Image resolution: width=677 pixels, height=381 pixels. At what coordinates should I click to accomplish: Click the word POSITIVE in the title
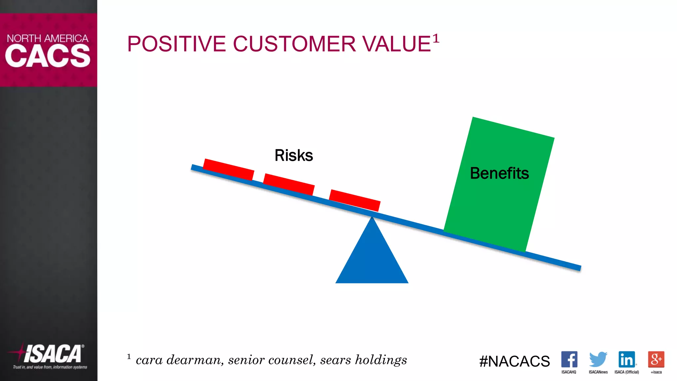coord(176,44)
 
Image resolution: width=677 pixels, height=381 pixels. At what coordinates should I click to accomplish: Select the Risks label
coord(294,155)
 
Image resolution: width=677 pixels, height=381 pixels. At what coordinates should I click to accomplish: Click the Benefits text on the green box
coord(499,173)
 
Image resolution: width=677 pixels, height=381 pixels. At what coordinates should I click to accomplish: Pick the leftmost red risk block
coord(228,169)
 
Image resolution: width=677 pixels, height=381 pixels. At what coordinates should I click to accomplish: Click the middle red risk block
coord(289,184)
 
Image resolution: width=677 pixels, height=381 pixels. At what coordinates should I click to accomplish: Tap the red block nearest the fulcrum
coord(354,200)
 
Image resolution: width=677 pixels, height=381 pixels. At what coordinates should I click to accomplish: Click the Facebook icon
coord(569,360)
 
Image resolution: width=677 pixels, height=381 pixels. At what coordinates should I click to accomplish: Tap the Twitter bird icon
coord(598,360)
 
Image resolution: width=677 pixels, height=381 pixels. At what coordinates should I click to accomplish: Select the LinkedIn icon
coord(627,360)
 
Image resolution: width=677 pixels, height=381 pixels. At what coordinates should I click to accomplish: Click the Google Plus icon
coord(656,360)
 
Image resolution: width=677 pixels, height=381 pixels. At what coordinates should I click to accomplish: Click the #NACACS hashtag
coord(514,361)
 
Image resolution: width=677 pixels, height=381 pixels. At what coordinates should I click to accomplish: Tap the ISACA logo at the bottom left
coord(50,355)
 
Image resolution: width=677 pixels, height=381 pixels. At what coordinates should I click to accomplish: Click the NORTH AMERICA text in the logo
coord(48,38)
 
